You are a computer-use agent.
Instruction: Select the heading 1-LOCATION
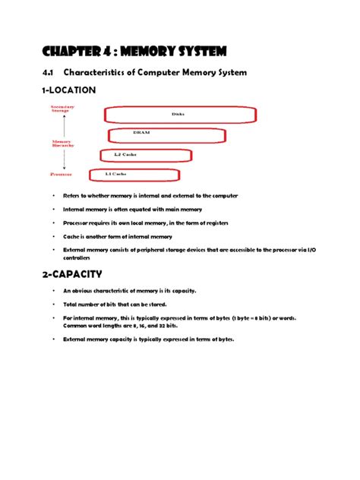point(68,90)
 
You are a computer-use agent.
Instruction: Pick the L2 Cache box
point(145,155)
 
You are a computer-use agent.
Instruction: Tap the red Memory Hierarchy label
point(63,144)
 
